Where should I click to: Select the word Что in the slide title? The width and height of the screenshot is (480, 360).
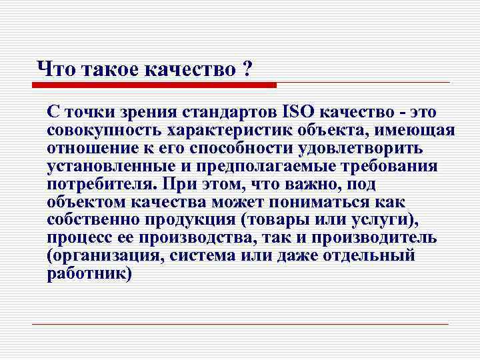click(x=56, y=69)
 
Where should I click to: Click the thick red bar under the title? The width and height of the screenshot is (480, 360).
click(x=154, y=85)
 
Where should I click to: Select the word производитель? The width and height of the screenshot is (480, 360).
click(x=373, y=238)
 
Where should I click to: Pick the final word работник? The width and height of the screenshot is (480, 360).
click(x=86, y=274)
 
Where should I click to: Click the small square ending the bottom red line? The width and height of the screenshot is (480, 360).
click(x=451, y=324)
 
